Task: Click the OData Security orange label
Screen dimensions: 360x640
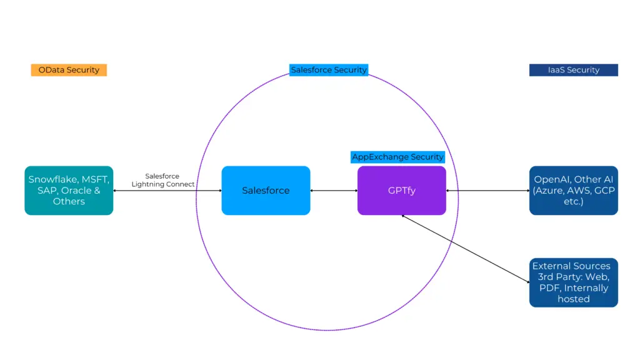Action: pyautogui.click(x=69, y=70)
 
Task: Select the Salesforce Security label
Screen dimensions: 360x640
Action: pyautogui.click(x=328, y=70)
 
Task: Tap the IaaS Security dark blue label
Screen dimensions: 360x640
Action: pyautogui.click(x=573, y=70)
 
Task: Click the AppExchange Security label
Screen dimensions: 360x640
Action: pyautogui.click(x=397, y=157)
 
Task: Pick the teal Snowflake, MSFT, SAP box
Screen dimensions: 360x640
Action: pyautogui.click(x=69, y=190)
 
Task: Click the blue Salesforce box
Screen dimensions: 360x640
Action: pyautogui.click(x=266, y=190)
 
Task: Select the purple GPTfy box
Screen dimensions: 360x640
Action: pyautogui.click(x=401, y=190)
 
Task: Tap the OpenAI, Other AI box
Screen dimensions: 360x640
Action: pyautogui.click(x=573, y=190)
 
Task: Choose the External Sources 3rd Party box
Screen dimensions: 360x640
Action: pyautogui.click(x=573, y=282)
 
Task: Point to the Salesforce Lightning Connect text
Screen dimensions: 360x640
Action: pyautogui.click(x=162, y=181)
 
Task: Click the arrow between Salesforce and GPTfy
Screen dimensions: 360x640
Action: pyautogui.click(x=334, y=190)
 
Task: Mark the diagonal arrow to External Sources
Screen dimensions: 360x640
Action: pyautogui.click(x=465, y=249)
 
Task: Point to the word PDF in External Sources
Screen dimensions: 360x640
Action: pyautogui.click(x=549, y=288)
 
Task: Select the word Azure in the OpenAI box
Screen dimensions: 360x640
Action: pyautogui.click(x=549, y=190)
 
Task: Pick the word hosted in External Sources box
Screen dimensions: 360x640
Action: pyautogui.click(x=573, y=299)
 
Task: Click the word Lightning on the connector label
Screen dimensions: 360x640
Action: pyautogui.click(x=150, y=184)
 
